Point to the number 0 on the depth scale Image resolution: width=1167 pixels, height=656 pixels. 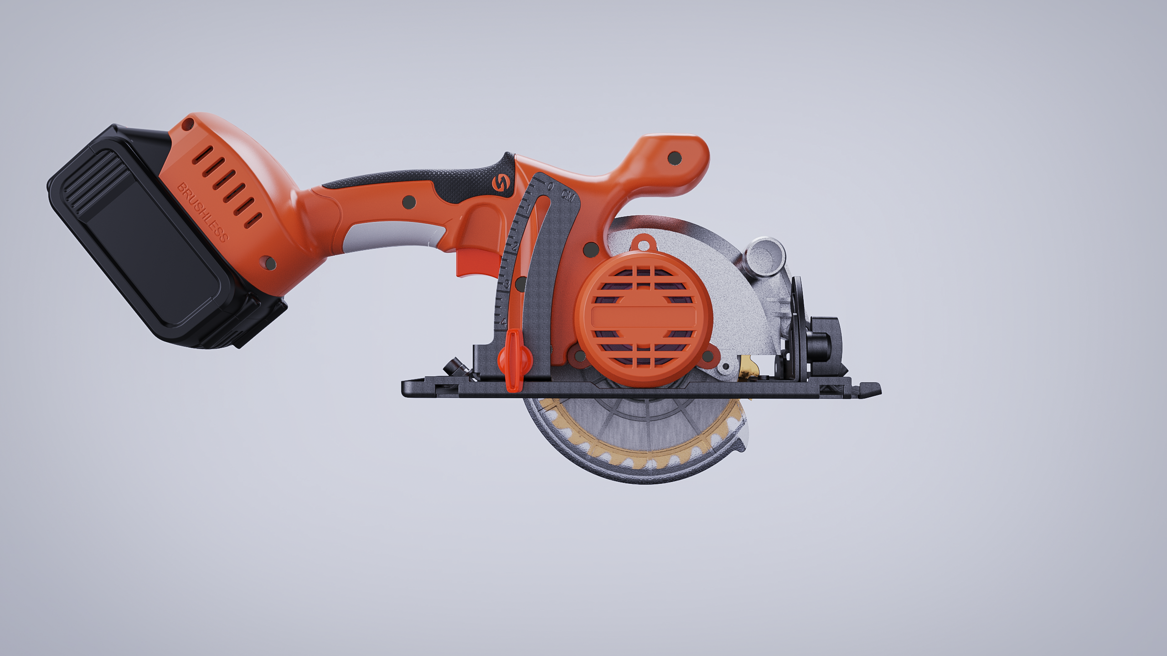(551, 186)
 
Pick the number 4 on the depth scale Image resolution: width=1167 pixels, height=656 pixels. (503, 322)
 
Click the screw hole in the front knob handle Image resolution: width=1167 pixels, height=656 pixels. (674, 158)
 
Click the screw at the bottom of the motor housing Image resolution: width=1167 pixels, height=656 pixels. (271, 263)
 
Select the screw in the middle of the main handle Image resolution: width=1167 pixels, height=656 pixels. (408, 202)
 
